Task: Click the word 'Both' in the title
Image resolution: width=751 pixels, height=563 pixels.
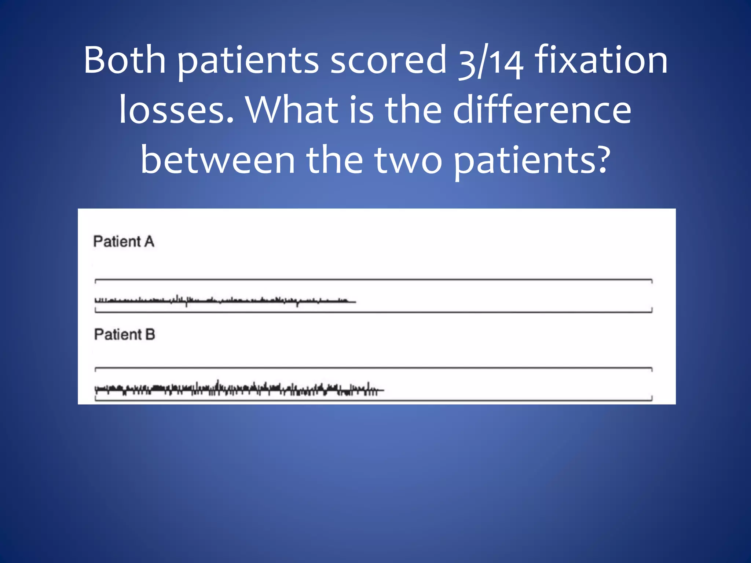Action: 125,60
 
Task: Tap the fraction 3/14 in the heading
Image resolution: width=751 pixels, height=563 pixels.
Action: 491,62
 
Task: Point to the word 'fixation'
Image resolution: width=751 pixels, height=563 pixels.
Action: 601,60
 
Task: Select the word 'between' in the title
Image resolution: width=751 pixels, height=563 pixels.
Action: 218,160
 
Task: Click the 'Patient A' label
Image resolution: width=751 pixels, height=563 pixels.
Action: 124,242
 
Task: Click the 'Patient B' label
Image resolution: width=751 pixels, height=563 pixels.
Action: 124,334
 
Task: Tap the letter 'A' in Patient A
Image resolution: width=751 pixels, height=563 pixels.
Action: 149,242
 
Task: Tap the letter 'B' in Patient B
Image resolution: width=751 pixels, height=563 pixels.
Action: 150,334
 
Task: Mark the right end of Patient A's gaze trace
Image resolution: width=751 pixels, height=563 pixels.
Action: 355,302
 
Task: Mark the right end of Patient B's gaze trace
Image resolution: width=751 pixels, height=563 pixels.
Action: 383,390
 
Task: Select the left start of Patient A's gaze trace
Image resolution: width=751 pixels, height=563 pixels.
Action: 96,301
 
